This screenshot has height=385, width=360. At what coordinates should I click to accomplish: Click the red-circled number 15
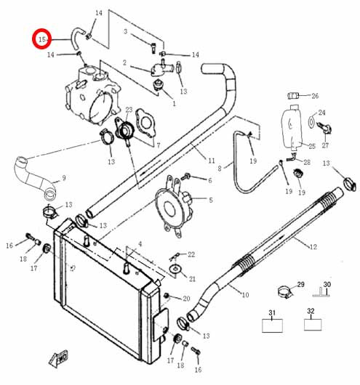coord(42,39)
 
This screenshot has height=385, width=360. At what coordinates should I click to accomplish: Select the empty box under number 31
coord(272,325)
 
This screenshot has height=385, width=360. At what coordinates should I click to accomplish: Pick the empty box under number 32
coord(313,325)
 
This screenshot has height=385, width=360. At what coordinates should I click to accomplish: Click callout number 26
coord(315,96)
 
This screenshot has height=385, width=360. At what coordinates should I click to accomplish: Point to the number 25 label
coord(312,146)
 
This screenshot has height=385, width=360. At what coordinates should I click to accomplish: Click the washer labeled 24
coord(311,121)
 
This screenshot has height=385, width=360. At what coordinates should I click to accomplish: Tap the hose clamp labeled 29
coord(285,292)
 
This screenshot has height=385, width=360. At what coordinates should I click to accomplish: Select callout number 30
coord(327,284)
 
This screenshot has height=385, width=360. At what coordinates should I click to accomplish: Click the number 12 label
coord(313,247)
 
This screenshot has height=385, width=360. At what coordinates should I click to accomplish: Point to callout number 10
coord(245,295)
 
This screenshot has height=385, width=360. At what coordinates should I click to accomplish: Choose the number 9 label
coord(64,177)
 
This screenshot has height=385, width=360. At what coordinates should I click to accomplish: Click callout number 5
coord(210,200)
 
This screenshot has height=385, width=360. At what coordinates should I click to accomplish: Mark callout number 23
coord(129,110)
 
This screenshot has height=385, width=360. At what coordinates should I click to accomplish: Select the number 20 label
coord(186,299)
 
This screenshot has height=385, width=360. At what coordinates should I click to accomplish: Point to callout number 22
coord(191,255)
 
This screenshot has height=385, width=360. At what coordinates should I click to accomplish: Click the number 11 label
coord(212,161)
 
